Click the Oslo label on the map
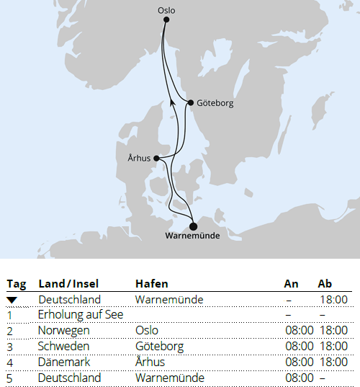(x=166, y=10)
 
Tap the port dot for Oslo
(x=166, y=20)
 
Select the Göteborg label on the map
(x=214, y=103)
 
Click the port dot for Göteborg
(x=190, y=103)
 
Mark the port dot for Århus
(x=156, y=159)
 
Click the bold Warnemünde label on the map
(x=192, y=236)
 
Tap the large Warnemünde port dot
(x=193, y=226)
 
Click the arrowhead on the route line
(x=172, y=104)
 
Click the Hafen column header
(x=151, y=284)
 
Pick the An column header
(x=291, y=284)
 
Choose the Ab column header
(x=325, y=284)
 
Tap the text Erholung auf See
(x=81, y=315)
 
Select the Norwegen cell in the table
(x=64, y=331)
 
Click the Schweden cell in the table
(x=63, y=347)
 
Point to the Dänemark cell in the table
(x=65, y=362)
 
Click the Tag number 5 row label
(x=10, y=378)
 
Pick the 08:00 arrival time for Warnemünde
(x=299, y=378)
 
